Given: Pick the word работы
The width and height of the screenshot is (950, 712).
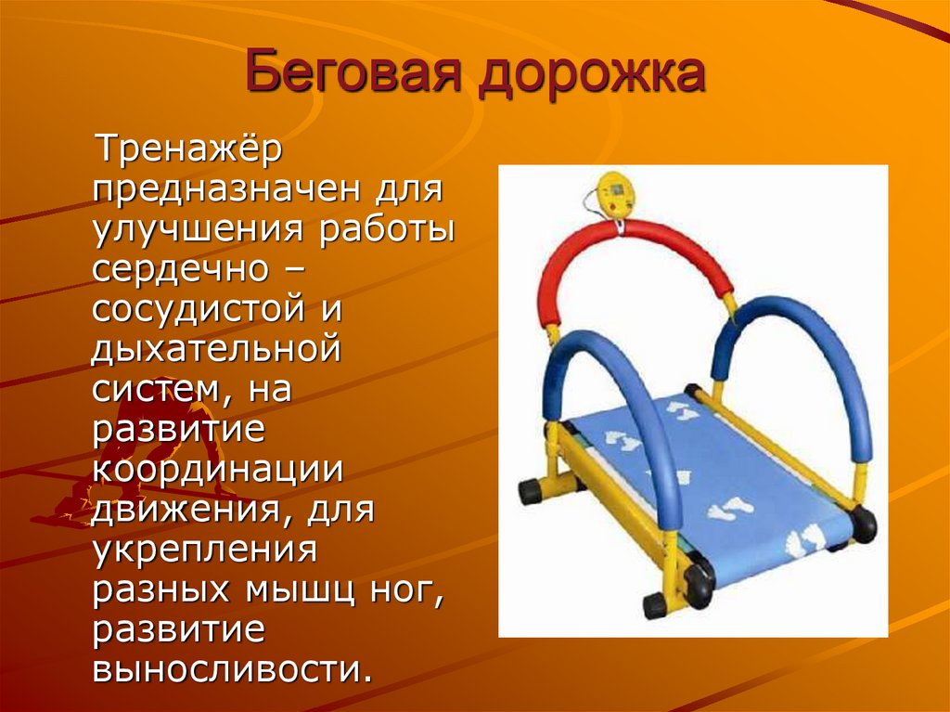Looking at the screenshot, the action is pyautogui.click(x=387, y=228).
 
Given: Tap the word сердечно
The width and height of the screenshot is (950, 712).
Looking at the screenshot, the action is pyautogui.click(x=180, y=269).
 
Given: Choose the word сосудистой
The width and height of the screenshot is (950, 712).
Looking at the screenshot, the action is pyautogui.click(x=199, y=309).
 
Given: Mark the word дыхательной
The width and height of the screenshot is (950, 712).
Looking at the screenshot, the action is pyautogui.click(x=215, y=349).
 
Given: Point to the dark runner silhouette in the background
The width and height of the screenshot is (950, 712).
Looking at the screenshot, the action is pyautogui.click(x=139, y=448).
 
